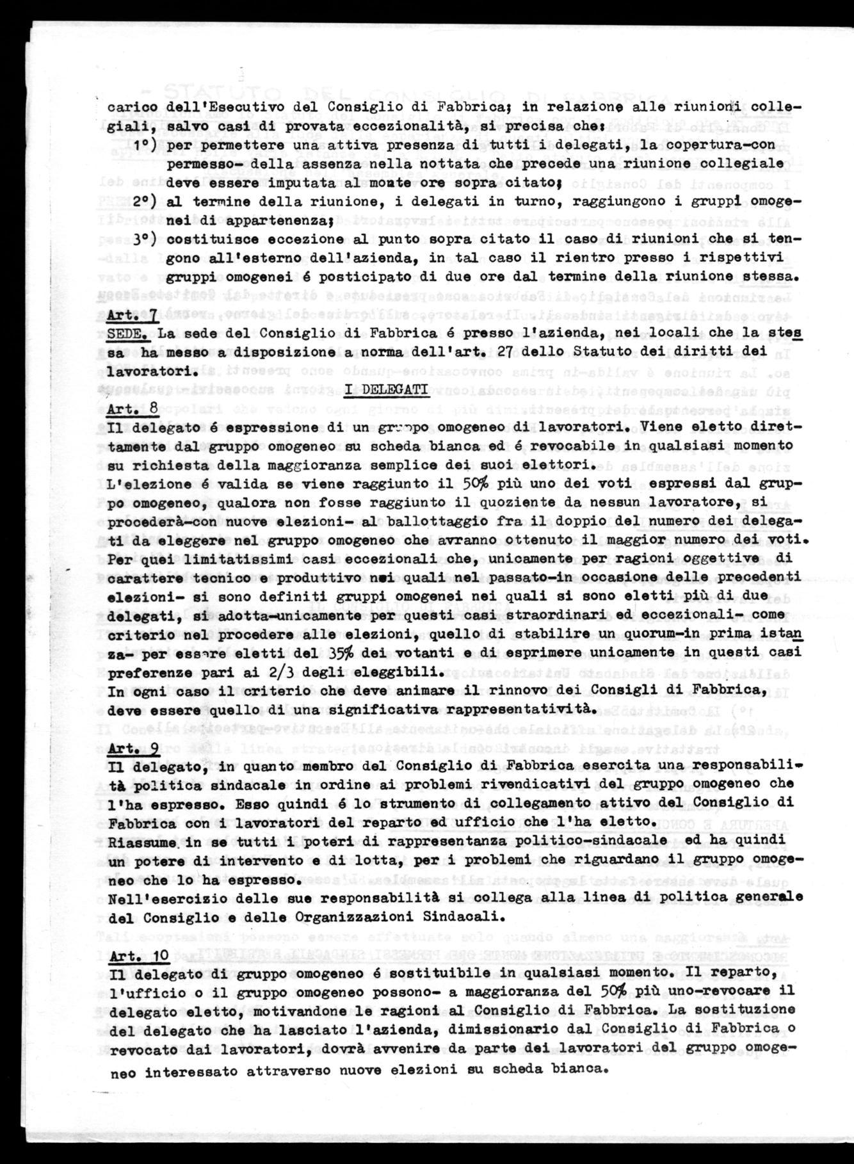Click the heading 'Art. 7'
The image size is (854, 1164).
tap(133, 315)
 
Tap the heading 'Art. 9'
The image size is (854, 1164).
tap(134, 747)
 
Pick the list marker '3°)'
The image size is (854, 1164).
tap(147, 239)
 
